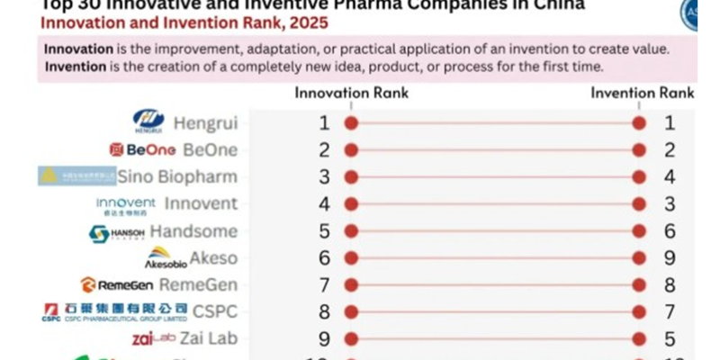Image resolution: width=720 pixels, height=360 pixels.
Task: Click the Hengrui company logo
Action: click(148, 121)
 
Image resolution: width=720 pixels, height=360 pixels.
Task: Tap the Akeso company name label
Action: click(214, 258)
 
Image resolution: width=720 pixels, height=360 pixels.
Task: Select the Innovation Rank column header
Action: click(352, 93)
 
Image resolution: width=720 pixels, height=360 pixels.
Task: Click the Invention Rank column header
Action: click(642, 93)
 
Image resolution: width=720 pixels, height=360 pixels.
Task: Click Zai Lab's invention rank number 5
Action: click(669, 339)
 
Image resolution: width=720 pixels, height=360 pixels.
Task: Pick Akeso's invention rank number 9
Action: click(669, 258)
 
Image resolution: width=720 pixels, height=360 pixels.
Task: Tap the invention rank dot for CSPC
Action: click(640, 312)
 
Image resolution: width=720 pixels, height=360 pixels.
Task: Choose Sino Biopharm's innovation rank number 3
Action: click(325, 177)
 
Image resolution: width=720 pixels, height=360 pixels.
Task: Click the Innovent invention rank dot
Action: click(640, 204)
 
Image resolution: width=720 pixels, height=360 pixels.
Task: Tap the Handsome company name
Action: click(193, 231)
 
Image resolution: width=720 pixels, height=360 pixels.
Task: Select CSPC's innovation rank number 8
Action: click(325, 312)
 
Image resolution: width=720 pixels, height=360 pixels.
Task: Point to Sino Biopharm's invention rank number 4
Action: click(669, 177)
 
